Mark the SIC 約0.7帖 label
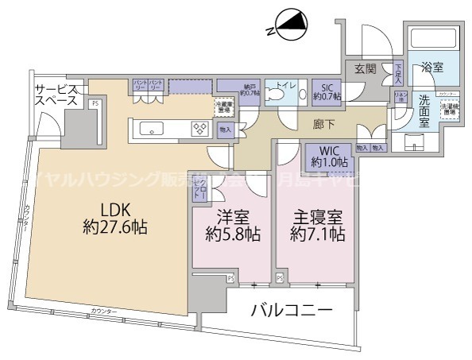point(327,92)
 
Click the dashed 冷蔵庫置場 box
point(225,106)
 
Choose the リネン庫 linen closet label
point(401,98)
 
